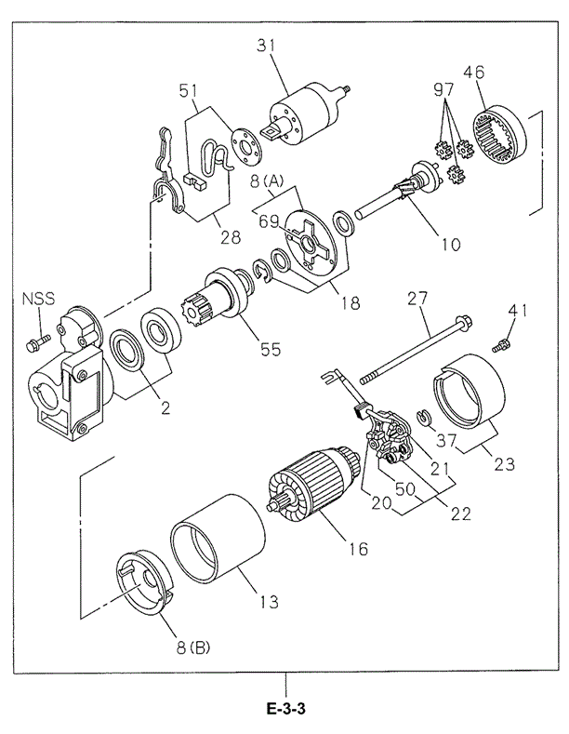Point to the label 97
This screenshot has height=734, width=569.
444,90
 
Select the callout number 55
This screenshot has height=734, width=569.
270,350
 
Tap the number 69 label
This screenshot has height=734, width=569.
270,220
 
